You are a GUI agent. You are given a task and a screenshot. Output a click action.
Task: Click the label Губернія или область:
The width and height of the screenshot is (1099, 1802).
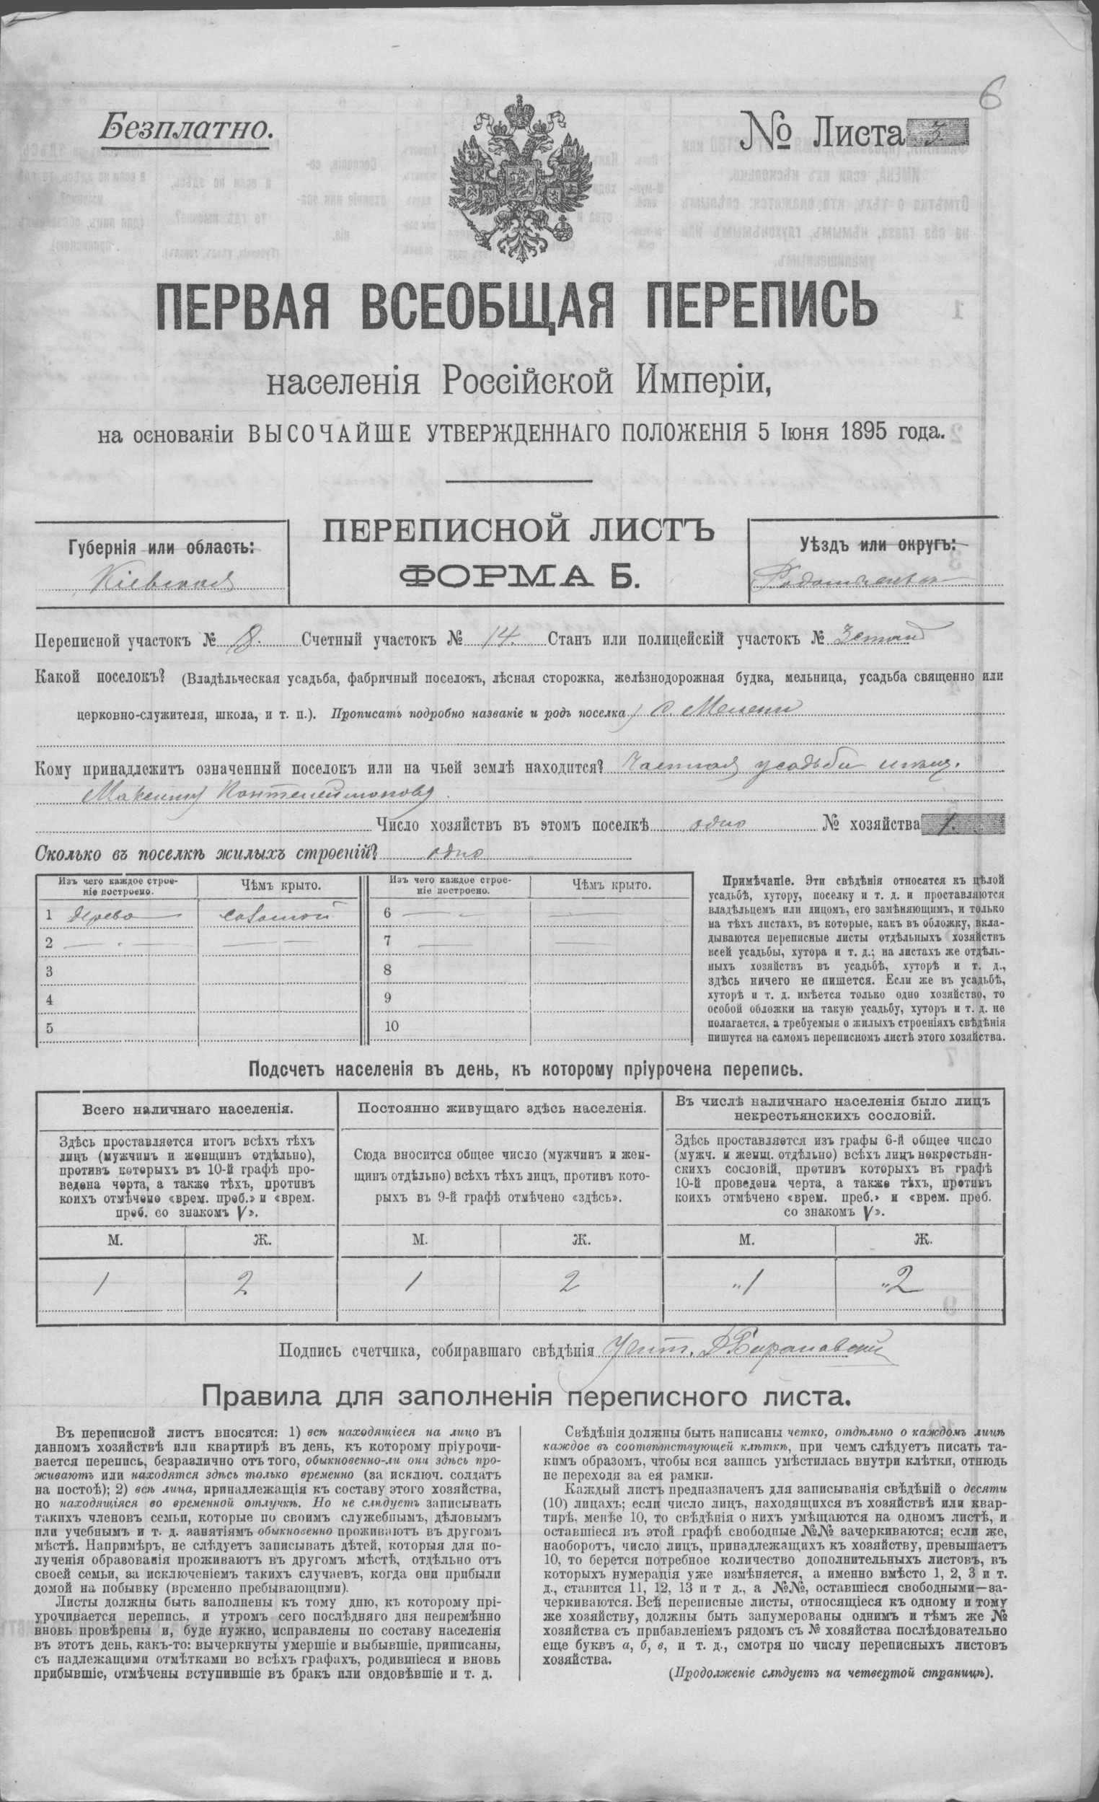coord(162,548)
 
